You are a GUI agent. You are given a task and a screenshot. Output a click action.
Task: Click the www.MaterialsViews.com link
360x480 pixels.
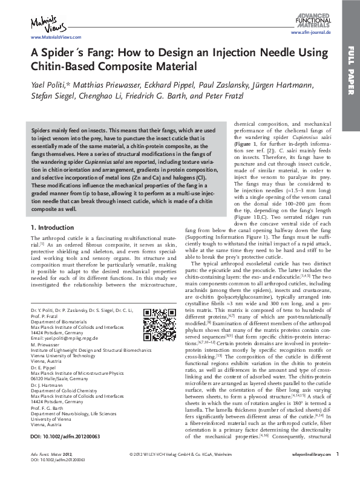coord(44,37)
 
